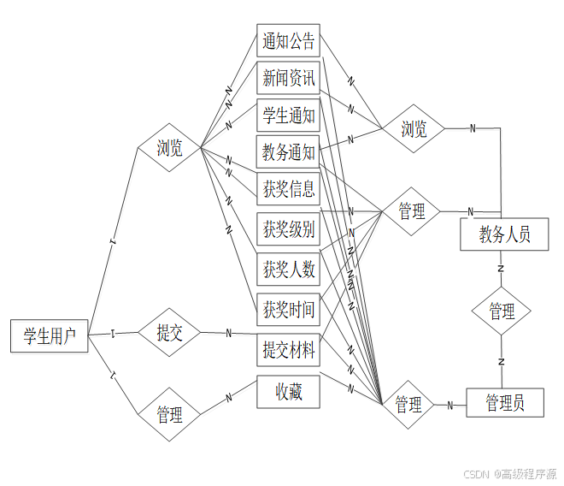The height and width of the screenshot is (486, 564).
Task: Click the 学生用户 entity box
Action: tap(50, 335)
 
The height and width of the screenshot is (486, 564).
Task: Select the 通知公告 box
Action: tap(288, 40)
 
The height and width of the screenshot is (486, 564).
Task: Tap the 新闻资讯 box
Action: tap(288, 78)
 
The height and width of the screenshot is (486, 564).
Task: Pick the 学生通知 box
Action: tap(288, 116)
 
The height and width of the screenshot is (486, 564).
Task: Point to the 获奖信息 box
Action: tap(288, 189)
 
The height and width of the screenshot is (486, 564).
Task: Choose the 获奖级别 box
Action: tap(288, 229)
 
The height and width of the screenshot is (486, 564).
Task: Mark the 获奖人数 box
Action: tap(288, 270)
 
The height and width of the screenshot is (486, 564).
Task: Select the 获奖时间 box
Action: tap(288, 309)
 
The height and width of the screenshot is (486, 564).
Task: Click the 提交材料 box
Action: tap(288, 350)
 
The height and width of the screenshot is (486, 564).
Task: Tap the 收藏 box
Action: tap(288, 392)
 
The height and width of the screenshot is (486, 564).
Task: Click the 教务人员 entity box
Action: tap(504, 234)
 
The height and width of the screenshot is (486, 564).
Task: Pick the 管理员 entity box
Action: tap(504, 401)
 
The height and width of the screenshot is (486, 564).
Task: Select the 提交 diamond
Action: tap(169, 333)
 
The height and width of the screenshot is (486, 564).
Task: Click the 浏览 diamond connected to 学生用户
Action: tap(169, 148)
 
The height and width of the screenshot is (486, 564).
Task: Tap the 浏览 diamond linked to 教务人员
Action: tap(414, 129)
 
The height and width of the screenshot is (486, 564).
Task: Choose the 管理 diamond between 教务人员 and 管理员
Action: tap(502, 311)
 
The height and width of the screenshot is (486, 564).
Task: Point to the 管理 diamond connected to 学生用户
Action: tap(169, 415)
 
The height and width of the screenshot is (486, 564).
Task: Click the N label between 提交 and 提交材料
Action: tap(228, 333)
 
